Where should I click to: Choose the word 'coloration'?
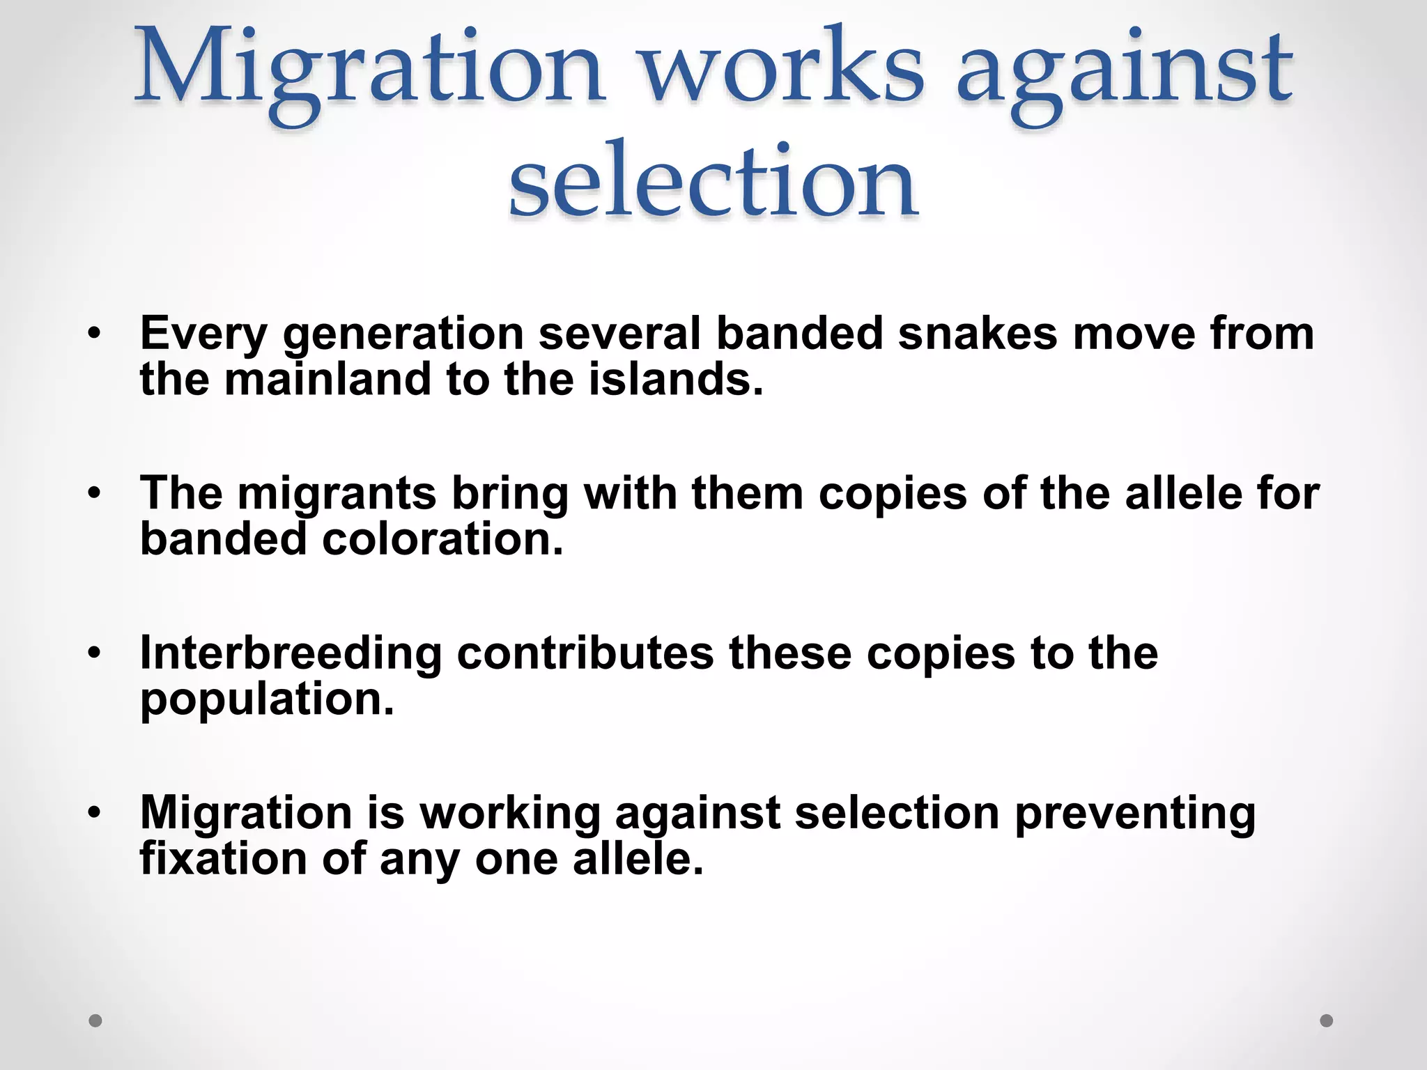coord(442,539)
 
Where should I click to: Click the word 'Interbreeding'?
coord(291,654)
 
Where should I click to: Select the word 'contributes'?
coord(585,653)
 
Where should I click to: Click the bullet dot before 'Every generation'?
coord(95,332)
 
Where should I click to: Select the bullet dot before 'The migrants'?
coord(95,493)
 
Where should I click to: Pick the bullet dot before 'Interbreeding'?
coord(95,653)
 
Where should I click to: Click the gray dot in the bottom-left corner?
coord(95,1021)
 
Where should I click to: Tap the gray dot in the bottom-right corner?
coord(1327,1021)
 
